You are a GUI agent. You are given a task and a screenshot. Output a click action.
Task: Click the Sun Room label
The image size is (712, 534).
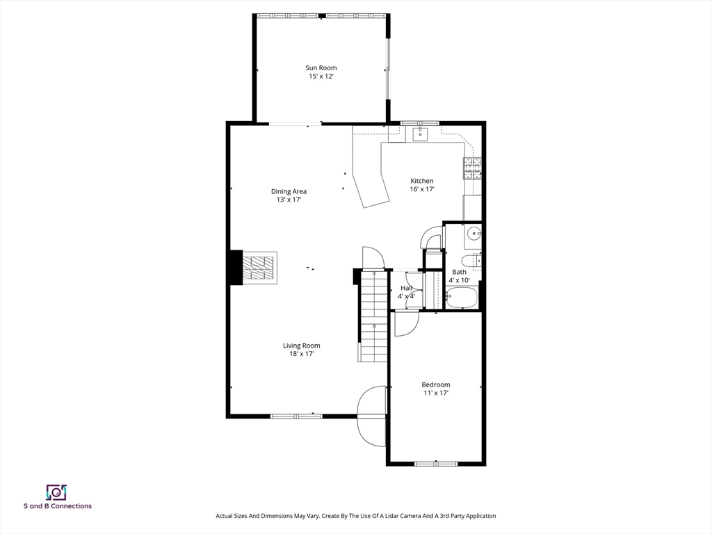point(321,68)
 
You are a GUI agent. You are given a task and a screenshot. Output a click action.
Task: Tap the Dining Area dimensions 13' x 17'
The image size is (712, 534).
point(289,200)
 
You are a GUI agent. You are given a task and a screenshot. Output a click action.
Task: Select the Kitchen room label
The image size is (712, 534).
point(421,181)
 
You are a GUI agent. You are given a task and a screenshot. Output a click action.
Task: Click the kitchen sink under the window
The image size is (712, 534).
point(421,133)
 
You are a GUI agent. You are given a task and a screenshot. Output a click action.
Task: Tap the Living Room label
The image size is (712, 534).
point(301,346)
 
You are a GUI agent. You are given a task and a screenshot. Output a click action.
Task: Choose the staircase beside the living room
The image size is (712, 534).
point(373,316)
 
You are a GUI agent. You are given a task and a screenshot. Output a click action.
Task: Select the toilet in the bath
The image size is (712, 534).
point(473,261)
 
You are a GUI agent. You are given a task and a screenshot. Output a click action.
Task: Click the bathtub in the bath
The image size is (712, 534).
point(461,298)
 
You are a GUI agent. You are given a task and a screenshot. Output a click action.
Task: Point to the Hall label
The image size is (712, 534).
point(406,288)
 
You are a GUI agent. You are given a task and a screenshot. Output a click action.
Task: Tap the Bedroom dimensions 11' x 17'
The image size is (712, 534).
point(435,393)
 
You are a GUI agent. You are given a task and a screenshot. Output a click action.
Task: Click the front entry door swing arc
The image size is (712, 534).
point(370,417)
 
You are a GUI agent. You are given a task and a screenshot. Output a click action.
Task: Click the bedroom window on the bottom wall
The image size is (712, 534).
point(436,463)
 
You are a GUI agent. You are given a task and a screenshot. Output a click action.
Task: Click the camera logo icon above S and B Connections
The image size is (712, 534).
point(56,492)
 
